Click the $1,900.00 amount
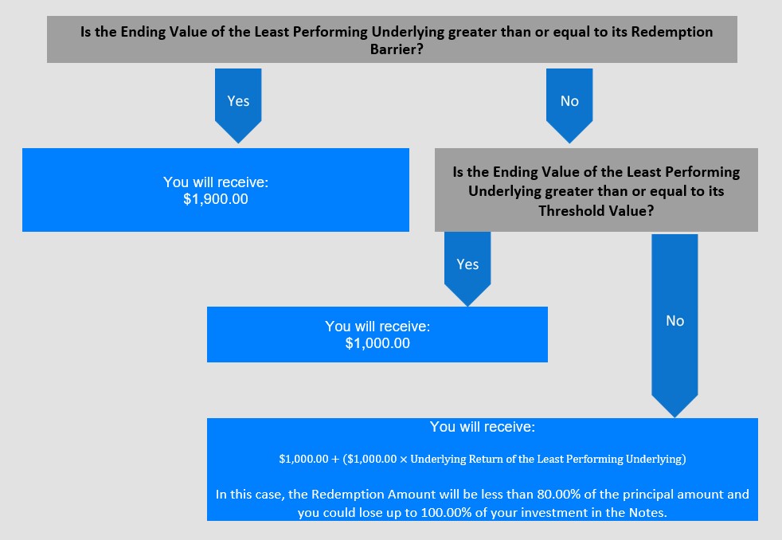click(215, 199)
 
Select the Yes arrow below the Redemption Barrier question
click(238, 101)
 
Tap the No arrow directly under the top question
click(569, 101)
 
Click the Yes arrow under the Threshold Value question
click(467, 264)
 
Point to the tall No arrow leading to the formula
click(674, 321)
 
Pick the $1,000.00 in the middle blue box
click(377, 343)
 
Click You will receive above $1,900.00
click(215, 182)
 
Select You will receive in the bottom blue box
click(482, 427)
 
